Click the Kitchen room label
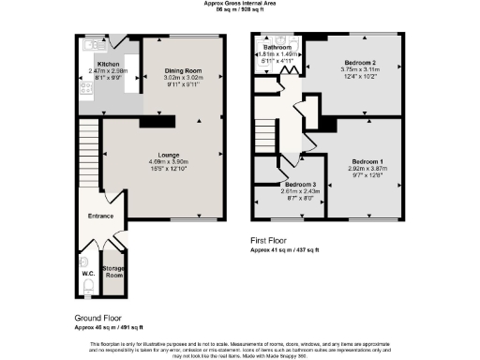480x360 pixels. [95, 64]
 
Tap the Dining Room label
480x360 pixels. [184, 71]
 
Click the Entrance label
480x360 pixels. [100, 217]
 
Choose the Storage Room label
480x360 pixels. [113, 272]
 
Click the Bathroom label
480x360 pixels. [277, 47]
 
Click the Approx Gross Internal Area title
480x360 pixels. [240, 4]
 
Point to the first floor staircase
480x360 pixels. [266, 136]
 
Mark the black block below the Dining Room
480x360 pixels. [157, 120]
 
